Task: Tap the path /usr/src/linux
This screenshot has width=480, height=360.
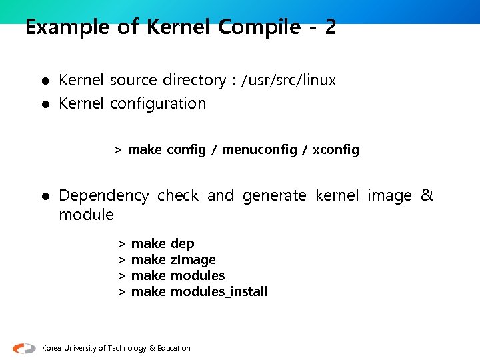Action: pos(289,81)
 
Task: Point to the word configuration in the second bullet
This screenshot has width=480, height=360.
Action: pos(158,103)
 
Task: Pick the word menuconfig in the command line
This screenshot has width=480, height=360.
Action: pos(259,150)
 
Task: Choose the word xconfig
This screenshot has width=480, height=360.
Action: pos(336,150)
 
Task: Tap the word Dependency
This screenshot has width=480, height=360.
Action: pos(103,196)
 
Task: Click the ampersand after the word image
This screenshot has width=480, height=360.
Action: pos(427,195)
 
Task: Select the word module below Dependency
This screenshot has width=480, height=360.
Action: pos(87,215)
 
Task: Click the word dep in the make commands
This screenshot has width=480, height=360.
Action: pos(183,243)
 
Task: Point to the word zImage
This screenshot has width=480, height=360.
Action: pos(193,259)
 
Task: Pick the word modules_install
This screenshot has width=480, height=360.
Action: pos(219,291)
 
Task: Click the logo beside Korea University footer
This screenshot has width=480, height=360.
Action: pos(24,348)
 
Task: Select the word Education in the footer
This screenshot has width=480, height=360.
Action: pos(173,348)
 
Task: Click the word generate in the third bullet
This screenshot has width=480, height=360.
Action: pos(274,196)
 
